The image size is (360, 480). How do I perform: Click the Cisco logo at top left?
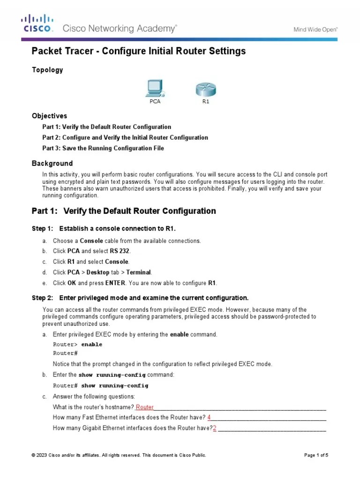point(37,23)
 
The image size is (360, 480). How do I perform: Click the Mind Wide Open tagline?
point(315,29)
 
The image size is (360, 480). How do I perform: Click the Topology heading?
point(47,70)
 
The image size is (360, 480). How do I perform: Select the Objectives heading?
point(49,116)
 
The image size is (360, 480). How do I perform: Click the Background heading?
point(52,164)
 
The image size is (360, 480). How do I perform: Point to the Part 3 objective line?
point(103,149)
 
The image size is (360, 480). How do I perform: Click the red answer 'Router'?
point(144,407)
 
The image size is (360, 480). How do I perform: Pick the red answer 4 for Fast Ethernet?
point(209,417)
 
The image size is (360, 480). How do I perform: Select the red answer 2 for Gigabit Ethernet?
point(215,428)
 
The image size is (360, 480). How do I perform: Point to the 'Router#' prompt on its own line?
point(65,353)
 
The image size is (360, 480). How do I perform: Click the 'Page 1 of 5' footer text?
point(316,455)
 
